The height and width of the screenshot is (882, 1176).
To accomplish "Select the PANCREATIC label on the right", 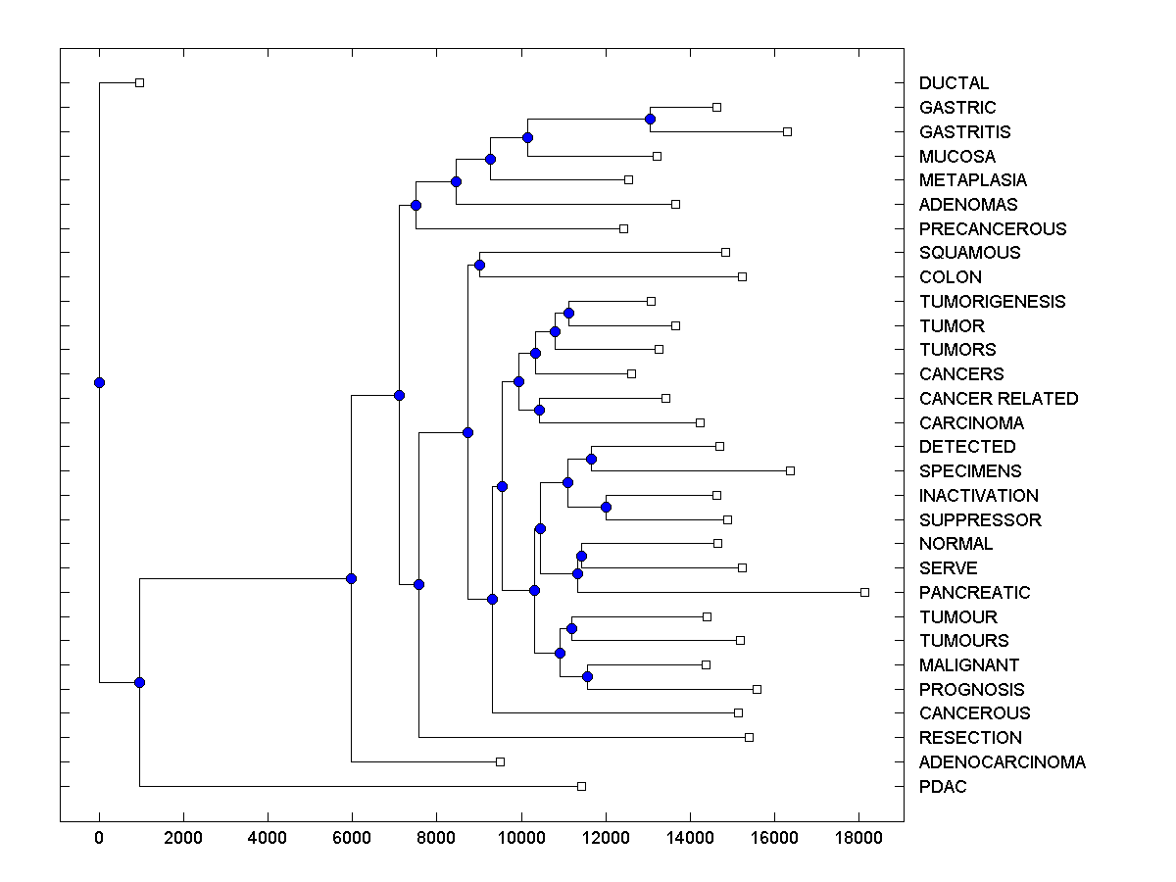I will point(974,593).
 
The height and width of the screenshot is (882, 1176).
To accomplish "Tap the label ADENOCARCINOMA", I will point(1002,762).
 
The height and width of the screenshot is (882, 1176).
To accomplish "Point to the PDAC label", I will point(943,787).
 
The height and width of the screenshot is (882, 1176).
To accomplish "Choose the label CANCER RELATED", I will point(998,399).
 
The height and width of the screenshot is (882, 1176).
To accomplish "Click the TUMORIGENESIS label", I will point(992,302).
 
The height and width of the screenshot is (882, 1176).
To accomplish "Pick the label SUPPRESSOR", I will point(980,520).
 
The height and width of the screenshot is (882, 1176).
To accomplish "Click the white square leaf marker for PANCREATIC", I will point(864,592).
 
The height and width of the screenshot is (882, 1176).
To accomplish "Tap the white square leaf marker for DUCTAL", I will point(139,82).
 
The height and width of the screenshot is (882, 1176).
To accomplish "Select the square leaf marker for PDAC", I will point(581,786).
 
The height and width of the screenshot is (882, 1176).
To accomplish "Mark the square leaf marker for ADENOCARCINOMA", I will point(500,761).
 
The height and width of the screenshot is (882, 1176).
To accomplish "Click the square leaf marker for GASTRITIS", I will point(787,131).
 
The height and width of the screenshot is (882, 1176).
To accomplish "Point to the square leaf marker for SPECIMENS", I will point(791,470).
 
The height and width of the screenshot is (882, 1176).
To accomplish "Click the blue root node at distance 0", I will point(99,382).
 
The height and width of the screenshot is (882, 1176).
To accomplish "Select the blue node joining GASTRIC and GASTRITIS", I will point(650,119).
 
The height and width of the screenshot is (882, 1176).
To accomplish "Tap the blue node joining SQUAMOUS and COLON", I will point(479,265).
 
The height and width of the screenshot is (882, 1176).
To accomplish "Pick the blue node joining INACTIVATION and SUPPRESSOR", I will point(606,507).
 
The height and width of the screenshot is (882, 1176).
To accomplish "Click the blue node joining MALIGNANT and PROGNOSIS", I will point(587,676).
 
